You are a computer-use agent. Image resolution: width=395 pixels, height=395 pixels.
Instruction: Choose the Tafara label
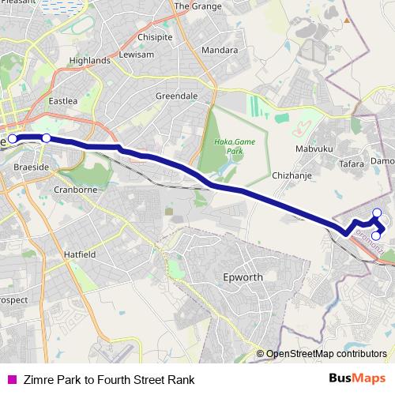[352, 164]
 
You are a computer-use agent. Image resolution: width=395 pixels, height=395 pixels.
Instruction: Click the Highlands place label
[89, 60]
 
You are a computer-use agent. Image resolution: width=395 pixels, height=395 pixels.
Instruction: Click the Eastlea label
[63, 101]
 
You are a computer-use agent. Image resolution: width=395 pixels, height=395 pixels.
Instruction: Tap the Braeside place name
[32, 167]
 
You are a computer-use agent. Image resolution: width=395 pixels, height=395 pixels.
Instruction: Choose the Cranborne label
[75, 190]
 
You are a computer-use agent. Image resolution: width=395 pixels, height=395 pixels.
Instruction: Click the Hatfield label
[80, 255]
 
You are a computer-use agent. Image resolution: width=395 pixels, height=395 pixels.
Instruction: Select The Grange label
[193, 6]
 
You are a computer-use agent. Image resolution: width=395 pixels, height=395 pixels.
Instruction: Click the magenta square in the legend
[10, 380]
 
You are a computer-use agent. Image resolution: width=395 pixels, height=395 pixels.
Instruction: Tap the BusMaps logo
[356, 378]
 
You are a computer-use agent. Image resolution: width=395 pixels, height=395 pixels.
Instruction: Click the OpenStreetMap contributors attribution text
[327, 353]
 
